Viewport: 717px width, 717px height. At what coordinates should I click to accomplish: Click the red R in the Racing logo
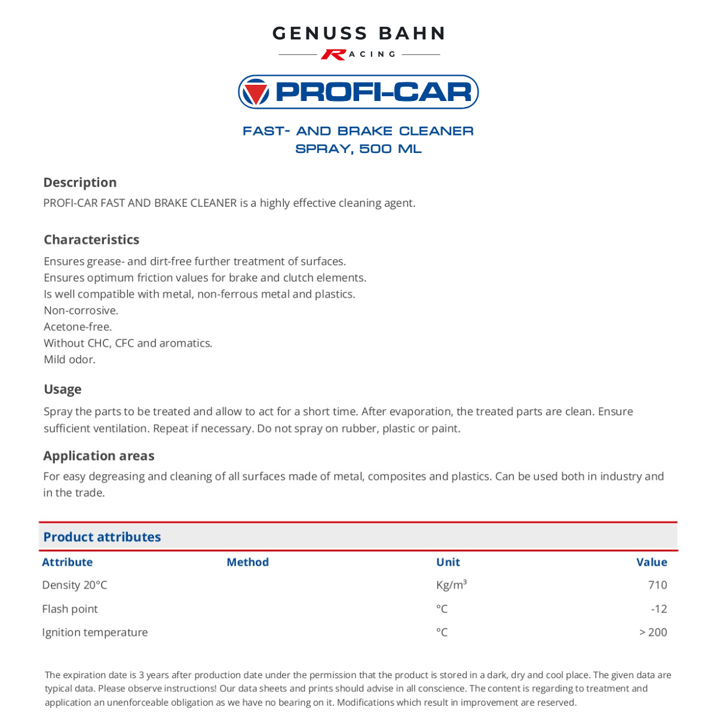(x=333, y=54)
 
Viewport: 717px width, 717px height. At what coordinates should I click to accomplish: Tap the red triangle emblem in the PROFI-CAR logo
(x=256, y=92)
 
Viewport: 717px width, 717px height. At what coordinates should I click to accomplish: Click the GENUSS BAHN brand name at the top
(x=358, y=33)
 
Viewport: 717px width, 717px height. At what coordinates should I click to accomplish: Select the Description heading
(x=80, y=182)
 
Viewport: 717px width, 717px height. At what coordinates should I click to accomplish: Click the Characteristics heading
(x=91, y=240)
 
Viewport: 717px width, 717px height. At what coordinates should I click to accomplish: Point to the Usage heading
(x=63, y=390)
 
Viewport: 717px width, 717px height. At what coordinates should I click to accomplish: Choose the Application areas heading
(x=99, y=456)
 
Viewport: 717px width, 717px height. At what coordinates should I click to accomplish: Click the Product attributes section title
(x=102, y=537)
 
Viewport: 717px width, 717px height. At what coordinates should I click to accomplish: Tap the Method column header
(x=247, y=562)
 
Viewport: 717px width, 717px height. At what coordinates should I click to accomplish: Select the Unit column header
(x=448, y=562)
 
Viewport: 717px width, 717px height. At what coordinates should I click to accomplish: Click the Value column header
(x=651, y=562)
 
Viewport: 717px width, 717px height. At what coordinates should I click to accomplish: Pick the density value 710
(x=657, y=585)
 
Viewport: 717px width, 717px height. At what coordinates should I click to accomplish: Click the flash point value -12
(x=658, y=609)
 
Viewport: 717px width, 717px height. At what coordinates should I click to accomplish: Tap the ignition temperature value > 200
(x=653, y=632)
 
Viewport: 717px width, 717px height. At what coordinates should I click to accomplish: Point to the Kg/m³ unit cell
(x=451, y=585)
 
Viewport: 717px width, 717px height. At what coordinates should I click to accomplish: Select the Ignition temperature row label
(x=94, y=632)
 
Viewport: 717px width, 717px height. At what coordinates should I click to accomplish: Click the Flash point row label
(x=70, y=609)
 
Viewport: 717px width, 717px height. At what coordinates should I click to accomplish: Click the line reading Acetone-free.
(x=78, y=327)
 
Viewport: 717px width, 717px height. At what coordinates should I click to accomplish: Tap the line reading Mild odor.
(x=69, y=360)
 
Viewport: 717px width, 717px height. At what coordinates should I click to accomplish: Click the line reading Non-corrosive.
(x=81, y=311)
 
